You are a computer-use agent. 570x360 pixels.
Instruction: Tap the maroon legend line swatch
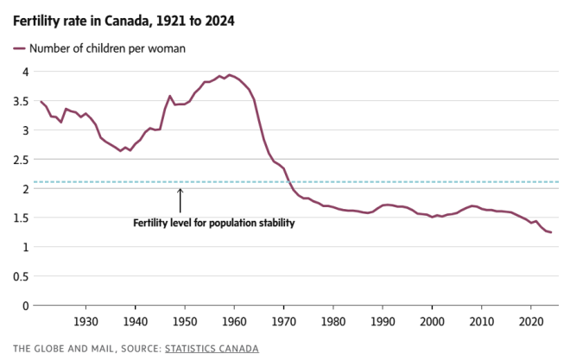[19, 48]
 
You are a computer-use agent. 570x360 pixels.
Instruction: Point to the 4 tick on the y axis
[26, 72]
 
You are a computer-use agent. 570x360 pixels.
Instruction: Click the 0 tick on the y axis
[26, 306]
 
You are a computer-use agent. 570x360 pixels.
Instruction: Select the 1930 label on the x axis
[85, 321]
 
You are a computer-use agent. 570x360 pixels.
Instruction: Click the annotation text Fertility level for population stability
[213, 223]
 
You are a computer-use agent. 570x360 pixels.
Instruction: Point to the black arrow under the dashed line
[180, 199]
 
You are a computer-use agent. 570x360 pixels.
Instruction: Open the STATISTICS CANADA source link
[213, 349]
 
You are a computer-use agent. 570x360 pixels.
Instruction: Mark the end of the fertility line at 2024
[550, 233]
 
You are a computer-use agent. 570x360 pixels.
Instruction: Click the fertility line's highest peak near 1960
[228, 75]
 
